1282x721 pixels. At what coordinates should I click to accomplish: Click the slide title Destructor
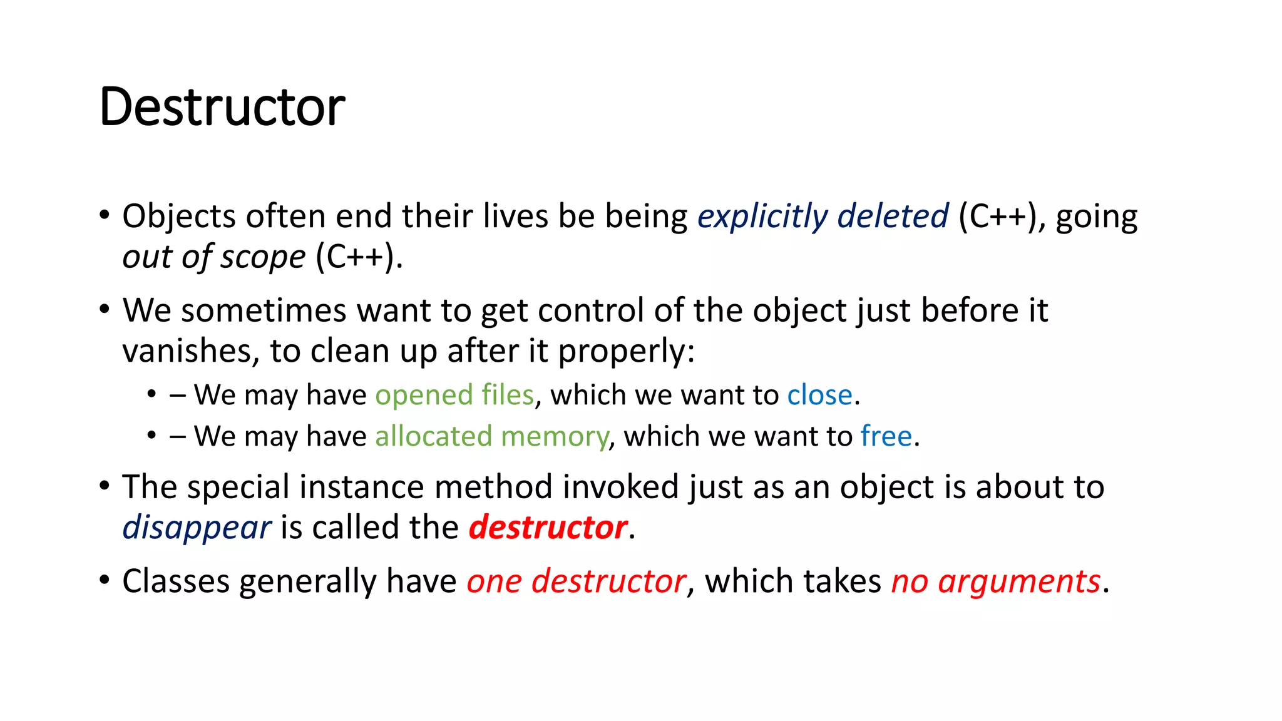[x=222, y=107]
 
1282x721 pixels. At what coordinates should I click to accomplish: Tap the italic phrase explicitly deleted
[x=823, y=217]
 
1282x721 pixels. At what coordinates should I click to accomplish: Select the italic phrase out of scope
[x=213, y=257]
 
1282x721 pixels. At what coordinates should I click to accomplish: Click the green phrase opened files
[x=454, y=396]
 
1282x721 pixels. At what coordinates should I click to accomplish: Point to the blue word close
[x=819, y=396]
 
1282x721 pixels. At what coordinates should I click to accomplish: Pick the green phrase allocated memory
[x=491, y=436]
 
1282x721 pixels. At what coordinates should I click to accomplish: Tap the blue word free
[x=886, y=436]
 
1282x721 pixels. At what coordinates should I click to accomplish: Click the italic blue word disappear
[x=197, y=528]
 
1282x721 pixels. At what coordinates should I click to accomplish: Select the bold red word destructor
[x=548, y=528]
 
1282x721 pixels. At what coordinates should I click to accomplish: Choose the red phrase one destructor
[x=576, y=581]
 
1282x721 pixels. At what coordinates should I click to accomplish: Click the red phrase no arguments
[x=995, y=581]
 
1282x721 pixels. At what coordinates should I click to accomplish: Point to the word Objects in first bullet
[x=179, y=217]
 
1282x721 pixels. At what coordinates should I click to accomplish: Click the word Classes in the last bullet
[x=176, y=581]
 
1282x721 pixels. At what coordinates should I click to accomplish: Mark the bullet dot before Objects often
[x=105, y=215]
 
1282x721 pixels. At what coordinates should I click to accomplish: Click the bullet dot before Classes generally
[x=105, y=580]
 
